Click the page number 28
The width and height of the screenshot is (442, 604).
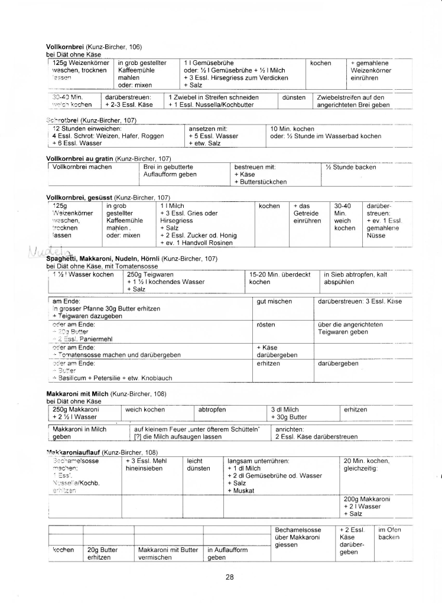[230, 577]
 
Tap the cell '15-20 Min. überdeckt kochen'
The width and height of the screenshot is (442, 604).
[277, 277]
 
